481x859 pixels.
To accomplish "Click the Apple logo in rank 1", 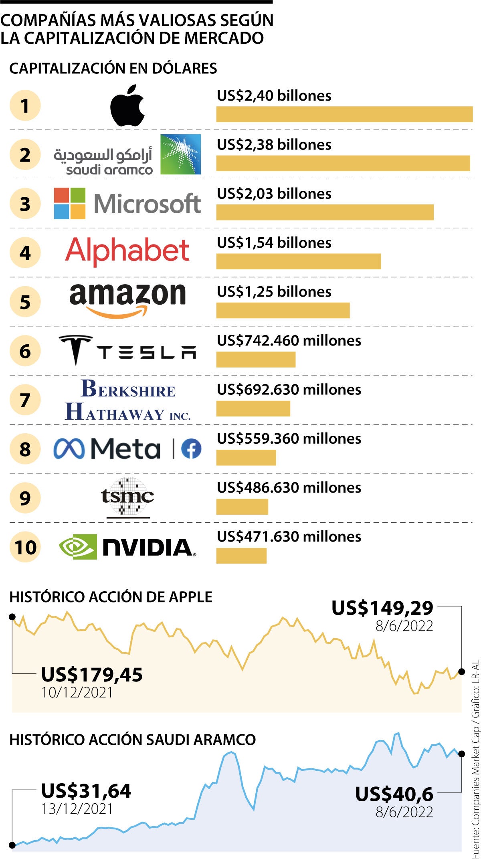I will (x=127, y=106).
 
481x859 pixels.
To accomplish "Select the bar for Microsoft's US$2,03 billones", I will (x=325, y=212).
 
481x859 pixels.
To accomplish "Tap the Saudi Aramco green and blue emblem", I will (x=180, y=154).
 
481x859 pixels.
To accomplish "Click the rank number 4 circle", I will (x=25, y=253).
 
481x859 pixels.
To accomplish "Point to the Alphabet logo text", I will (x=127, y=251).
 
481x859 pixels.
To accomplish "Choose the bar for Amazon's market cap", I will (x=283, y=311).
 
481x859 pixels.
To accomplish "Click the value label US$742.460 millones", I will (x=289, y=341).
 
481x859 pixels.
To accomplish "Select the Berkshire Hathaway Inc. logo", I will (x=127, y=400).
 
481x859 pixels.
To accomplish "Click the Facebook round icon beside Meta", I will (x=191, y=449).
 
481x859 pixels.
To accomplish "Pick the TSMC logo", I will (x=127, y=497).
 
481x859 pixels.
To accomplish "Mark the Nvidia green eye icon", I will (x=78, y=547).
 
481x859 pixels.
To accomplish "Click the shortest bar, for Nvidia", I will (x=241, y=556).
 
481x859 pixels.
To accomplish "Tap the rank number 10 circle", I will (x=25, y=547).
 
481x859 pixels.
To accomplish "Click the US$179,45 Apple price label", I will (x=92, y=675).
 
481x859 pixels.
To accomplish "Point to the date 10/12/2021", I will (x=77, y=692).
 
